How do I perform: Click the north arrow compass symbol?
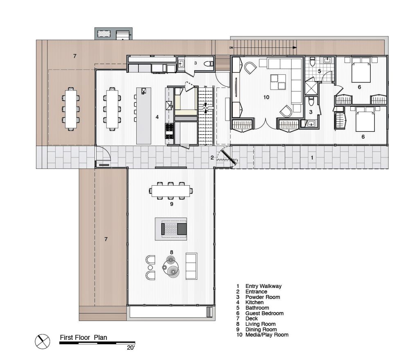tap(43, 341)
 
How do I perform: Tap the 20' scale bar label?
tap(131, 348)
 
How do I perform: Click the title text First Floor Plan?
tap(83, 337)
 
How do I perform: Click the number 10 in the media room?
tap(266, 97)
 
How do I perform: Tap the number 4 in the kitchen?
tap(157, 117)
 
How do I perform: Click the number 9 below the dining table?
tap(171, 204)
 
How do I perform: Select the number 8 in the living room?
tap(171, 252)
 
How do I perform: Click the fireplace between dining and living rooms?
tap(171, 229)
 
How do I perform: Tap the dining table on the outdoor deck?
tap(71, 109)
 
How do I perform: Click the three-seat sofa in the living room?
tap(191, 266)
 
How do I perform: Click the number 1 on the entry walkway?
tap(312, 158)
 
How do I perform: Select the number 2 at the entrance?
tap(212, 158)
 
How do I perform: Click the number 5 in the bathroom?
tap(319, 71)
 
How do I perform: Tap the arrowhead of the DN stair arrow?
tap(295, 47)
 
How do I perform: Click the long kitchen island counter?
tap(144, 116)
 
